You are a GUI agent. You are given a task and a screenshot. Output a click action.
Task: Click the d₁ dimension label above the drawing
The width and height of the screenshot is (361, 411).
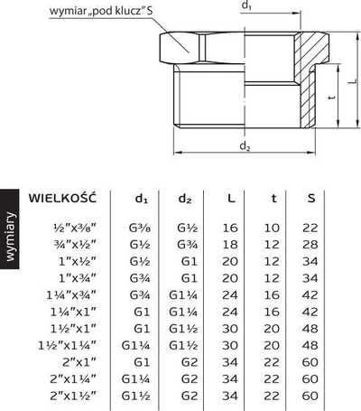click(246, 5)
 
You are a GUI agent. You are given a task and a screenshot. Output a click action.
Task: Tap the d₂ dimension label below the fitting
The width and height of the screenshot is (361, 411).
click(245, 146)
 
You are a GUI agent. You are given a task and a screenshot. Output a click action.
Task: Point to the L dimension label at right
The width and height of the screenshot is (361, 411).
click(353, 80)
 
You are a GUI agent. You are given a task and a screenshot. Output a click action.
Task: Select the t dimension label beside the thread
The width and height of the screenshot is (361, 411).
click(331, 98)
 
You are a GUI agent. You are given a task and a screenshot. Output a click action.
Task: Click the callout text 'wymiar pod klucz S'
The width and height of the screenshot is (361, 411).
click(101, 12)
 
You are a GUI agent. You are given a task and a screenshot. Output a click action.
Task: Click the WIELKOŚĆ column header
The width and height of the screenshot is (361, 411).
click(62, 199)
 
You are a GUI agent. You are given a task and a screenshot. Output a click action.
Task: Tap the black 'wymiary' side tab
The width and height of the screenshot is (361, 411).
click(10, 229)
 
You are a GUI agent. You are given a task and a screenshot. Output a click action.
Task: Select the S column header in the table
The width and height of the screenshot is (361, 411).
click(311, 199)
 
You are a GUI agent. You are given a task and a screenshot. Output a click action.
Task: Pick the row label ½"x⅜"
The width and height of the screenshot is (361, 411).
click(74, 228)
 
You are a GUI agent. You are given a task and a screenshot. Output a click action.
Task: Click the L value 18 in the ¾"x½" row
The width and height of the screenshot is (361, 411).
click(230, 245)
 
